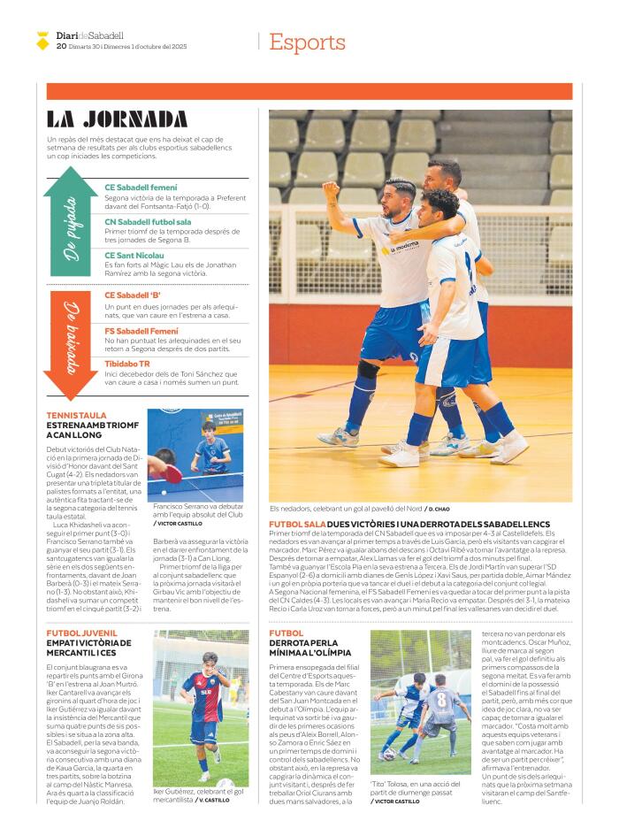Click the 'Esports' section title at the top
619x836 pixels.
tap(307, 42)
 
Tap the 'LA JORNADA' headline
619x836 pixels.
tap(117, 119)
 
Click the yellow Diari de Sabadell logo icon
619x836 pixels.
tap(42, 40)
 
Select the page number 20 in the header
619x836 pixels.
tap(60, 46)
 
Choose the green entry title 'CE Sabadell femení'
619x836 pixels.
tap(141, 188)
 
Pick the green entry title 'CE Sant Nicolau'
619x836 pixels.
tap(134, 256)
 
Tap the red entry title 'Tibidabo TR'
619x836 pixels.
tap(127, 363)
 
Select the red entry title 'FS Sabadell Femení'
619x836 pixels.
tap(141, 331)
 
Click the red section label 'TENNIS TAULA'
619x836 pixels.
tap(76, 415)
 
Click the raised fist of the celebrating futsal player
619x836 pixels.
tap(331, 188)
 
